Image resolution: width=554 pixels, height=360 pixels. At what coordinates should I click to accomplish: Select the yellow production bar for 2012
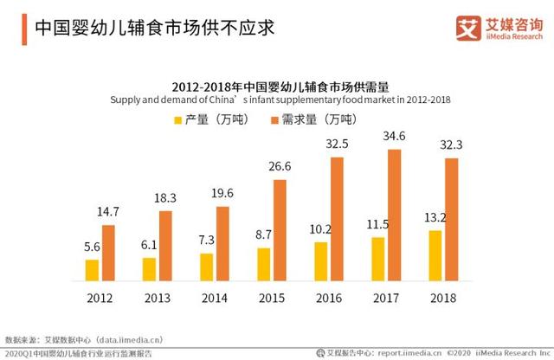(x=92, y=271)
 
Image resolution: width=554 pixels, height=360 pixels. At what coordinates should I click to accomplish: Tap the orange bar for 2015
(x=280, y=231)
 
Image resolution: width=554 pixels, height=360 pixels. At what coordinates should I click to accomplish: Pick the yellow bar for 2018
(x=435, y=256)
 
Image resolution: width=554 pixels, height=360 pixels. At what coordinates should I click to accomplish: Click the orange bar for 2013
(x=165, y=247)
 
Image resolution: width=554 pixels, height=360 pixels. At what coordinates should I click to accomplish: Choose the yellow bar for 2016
(x=320, y=262)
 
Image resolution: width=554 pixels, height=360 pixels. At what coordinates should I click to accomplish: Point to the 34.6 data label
(x=395, y=137)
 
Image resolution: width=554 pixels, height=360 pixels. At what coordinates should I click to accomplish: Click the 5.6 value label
(x=92, y=247)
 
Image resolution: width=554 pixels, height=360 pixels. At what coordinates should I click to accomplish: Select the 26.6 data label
(x=279, y=167)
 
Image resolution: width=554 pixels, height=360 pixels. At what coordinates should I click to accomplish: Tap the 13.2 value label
(x=435, y=218)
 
